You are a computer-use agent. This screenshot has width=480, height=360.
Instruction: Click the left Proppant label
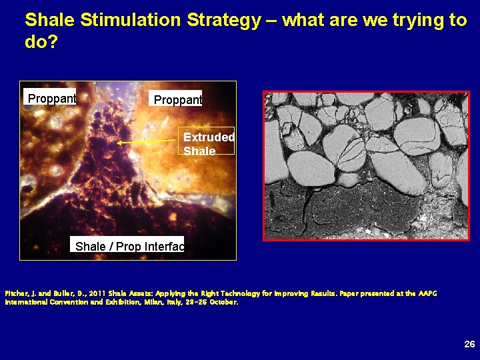click(x=51, y=99)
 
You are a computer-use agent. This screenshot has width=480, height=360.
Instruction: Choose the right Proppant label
click(x=177, y=99)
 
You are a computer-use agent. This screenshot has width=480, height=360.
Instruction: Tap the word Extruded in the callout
click(x=208, y=137)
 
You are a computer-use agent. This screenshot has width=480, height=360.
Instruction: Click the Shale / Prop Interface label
click(x=129, y=247)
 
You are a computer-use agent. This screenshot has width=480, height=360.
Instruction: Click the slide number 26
click(x=469, y=344)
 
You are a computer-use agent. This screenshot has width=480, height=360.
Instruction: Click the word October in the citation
click(x=223, y=302)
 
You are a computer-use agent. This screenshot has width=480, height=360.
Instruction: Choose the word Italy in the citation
click(x=179, y=302)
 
